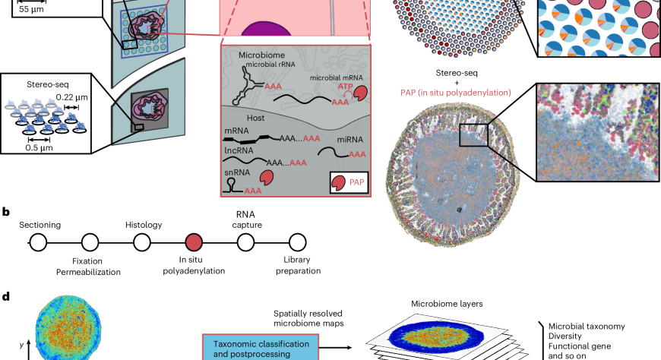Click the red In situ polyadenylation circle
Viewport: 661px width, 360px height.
(194, 243)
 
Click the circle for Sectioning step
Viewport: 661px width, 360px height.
(38, 243)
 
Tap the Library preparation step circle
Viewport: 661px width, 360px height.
(297, 243)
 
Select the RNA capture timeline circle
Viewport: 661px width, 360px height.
(245, 243)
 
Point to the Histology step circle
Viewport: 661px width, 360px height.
(142, 243)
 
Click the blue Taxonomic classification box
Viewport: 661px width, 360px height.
(259, 349)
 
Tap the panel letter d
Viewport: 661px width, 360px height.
(6, 295)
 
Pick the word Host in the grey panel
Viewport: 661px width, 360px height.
(237, 118)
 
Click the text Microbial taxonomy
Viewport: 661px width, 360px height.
(586, 327)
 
